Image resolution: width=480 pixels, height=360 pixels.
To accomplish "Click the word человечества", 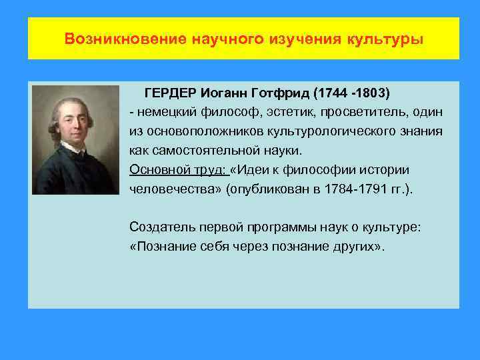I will [x=174, y=189].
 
